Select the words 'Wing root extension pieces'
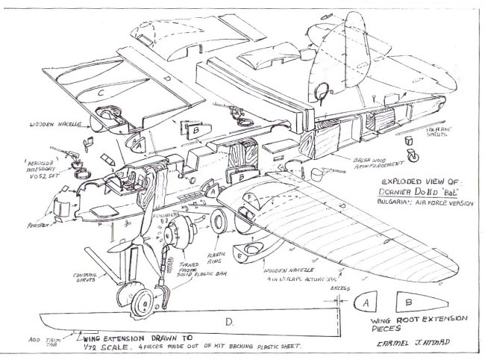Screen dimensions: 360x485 418,323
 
